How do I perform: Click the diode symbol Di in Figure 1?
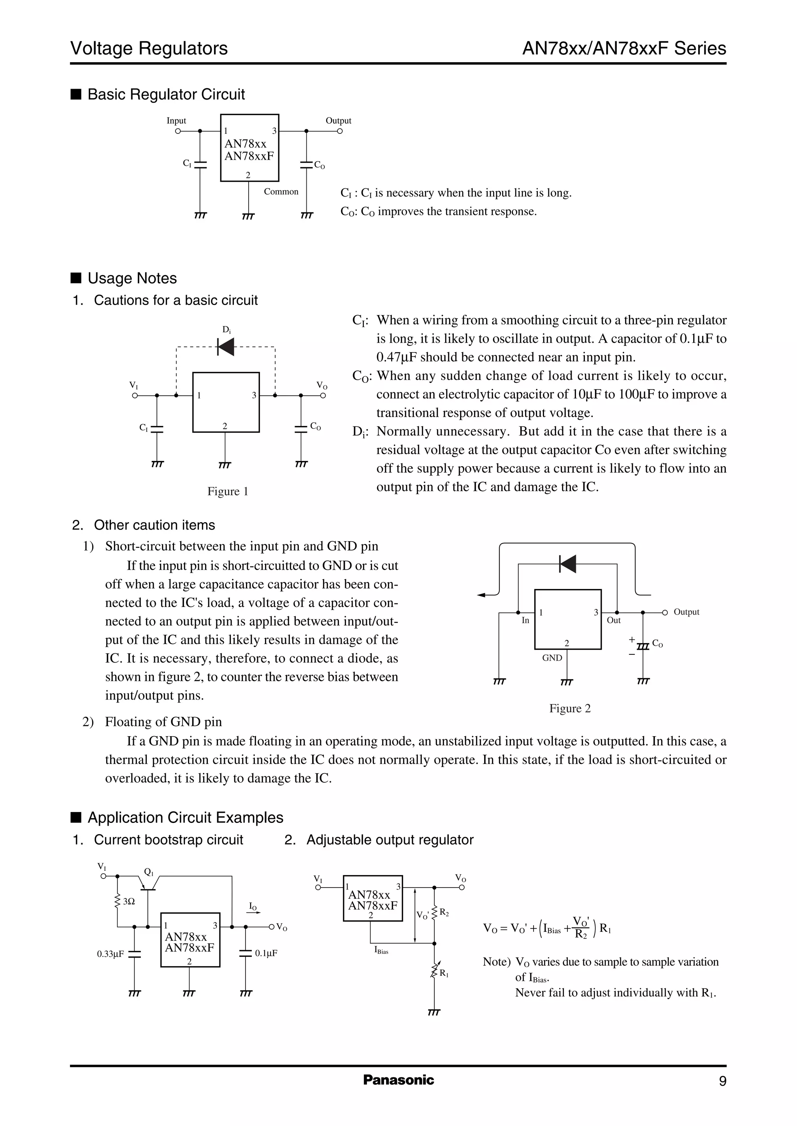226,347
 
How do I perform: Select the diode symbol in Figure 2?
568,564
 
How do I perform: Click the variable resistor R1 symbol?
434,971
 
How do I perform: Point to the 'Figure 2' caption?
570,708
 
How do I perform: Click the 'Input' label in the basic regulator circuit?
176,121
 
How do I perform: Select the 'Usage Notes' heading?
132,278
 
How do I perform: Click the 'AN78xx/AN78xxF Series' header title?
624,49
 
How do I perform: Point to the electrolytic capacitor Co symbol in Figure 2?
643,644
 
